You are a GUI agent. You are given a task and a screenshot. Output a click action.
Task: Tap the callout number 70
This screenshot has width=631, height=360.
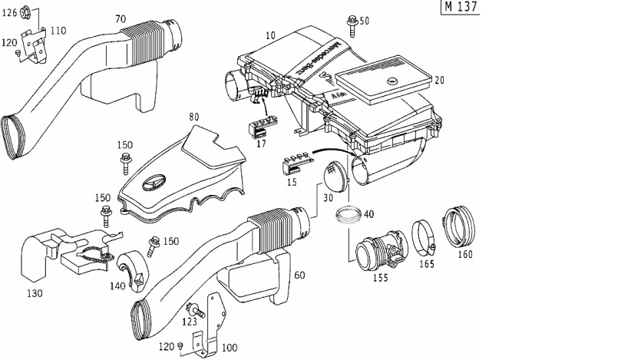[x=121, y=18]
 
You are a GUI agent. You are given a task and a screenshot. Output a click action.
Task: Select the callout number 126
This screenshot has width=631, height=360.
[x=9, y=12]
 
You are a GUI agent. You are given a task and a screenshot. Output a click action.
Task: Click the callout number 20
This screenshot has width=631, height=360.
[x=440, y=80]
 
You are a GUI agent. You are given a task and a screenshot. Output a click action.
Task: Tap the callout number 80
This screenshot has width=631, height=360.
[x=193, y=117]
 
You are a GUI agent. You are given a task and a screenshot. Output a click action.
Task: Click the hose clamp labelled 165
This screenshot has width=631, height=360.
[x=422, y=235]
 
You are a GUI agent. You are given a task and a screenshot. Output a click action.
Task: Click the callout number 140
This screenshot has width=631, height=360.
[x=117, y=285]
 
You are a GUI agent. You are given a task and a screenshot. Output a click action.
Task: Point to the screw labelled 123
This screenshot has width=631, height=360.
[x=197, y=310]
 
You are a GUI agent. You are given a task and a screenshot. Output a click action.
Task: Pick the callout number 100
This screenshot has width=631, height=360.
[x=229, y=348]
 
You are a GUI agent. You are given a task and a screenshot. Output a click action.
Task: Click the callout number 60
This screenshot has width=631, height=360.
[x=299, y=275]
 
